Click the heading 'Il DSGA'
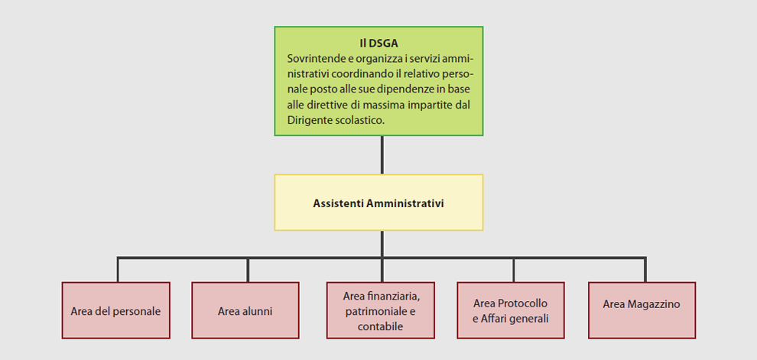[378, 44]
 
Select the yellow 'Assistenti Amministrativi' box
[378, 203]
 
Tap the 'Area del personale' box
[116, 310]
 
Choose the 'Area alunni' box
[245, 310]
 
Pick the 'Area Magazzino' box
[642, 310]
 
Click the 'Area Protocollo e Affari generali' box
[511, 310]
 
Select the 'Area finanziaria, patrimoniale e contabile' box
[381, 310]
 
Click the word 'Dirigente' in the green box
[307, 121]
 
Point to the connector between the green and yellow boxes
[382, 155]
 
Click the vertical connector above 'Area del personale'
[118, 269]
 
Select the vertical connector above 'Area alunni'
[248, 269]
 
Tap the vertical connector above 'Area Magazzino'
[645, 269]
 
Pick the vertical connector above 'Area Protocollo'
[514, 269]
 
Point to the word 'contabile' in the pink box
[381, 326]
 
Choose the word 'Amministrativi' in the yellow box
[405, 203]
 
